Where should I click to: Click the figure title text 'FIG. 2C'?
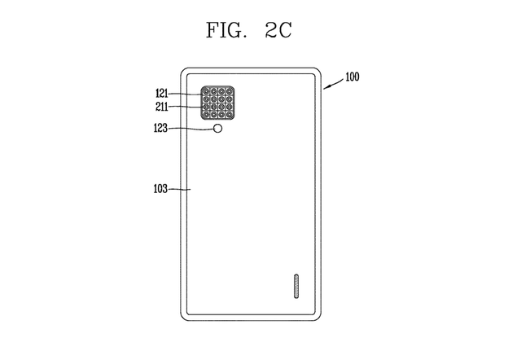249,30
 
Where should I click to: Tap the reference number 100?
352,77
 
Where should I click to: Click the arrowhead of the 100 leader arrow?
325,88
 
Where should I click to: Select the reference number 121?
162,93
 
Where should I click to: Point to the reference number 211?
162,107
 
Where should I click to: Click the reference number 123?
160,128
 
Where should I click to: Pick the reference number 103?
160,189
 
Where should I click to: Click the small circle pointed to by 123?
217,129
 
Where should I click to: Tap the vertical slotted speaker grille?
296,286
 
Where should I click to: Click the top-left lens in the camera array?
206,91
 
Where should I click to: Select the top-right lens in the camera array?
229,91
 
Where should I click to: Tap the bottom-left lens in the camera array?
206,115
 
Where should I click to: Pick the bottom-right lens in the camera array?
229,115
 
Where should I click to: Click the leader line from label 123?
190,129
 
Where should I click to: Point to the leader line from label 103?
179,190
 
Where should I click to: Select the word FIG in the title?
224,30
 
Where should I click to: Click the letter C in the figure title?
286,30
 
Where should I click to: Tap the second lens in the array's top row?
213,91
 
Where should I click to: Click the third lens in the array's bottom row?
221,115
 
